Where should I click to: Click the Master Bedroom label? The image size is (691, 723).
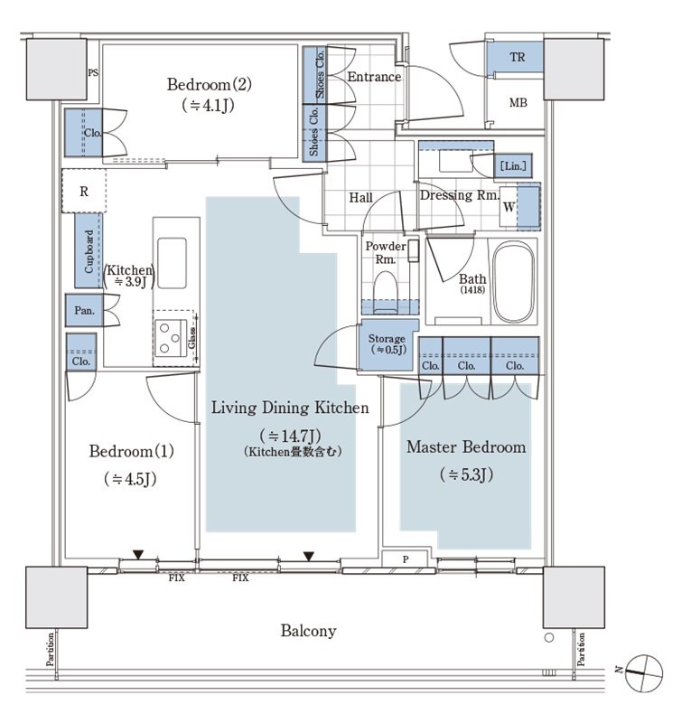click(465, 447)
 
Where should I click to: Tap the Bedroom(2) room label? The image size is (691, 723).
click(209, 85)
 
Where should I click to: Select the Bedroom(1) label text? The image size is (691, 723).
click(131, 451)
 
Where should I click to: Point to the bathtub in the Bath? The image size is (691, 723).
click(514, 283)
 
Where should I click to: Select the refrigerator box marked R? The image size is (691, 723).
click(84, 191)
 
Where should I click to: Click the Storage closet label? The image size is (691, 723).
click(387, 340)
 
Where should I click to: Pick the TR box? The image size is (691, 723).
click(517, 58)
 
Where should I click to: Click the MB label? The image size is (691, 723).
click(517, 103)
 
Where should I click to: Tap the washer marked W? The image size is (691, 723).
click(510, 207)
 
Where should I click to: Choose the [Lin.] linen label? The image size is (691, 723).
click(512, 166)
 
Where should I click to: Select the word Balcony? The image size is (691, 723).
click(308, 631)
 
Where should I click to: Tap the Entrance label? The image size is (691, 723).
click(374, 77)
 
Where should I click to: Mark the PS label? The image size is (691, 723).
click(92, 73)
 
